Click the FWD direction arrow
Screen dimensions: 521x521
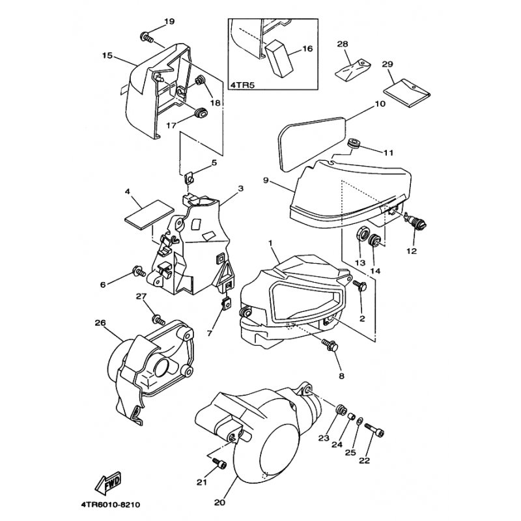click(x=108, y=483)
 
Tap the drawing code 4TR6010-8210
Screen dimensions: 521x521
click(x=110, y=505)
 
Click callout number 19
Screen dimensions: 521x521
click(x=169, y=21)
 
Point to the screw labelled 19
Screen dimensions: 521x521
click(x=147, y=37)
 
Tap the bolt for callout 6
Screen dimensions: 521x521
click(x=139, y=272)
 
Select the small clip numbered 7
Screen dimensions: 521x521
click(x=227, y=303)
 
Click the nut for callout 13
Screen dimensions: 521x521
click(x=363, y=233)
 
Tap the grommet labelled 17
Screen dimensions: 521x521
click(x=201, y=113)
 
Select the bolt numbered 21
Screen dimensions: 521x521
click(x=219, y=463)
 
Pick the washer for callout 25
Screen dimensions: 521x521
click(x=359, y=421)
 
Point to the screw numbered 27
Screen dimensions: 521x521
click(x=158, y=320)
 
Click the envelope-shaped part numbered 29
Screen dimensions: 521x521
click(x=407, y=93)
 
